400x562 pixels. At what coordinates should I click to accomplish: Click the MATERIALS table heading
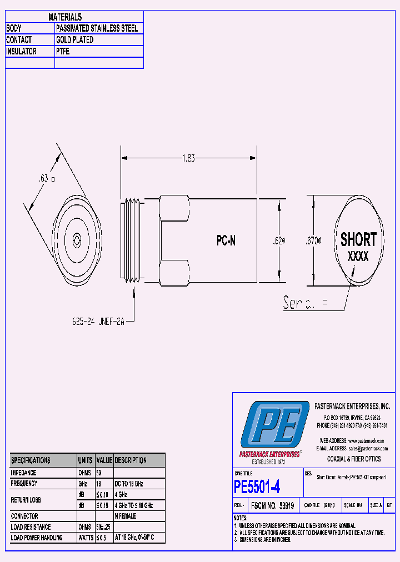pos(65,17)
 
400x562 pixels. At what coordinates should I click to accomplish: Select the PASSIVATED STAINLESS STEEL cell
pos(97,28)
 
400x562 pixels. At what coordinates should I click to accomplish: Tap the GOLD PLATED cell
pos(74,40)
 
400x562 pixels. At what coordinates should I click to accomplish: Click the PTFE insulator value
pos(63,52)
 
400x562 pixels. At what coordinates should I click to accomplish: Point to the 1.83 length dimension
pos(189,158)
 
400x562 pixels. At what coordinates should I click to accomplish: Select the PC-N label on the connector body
pos(226,241)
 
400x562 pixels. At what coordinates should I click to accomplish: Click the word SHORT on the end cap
pos(358,240)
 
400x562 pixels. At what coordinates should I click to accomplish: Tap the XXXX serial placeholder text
pos(358,257)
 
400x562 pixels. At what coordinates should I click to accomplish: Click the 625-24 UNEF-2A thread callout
pos(98,321)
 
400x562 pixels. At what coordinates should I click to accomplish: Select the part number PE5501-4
pos(257,487)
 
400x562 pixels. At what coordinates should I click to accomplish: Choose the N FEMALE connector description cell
pos(125,516)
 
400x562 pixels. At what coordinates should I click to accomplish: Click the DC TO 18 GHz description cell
pos(129,484)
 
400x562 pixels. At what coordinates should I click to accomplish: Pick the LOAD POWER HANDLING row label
pos(37,538)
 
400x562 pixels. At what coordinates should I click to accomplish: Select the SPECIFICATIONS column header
pos(31,460)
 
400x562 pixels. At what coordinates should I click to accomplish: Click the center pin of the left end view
pos(76,240)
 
